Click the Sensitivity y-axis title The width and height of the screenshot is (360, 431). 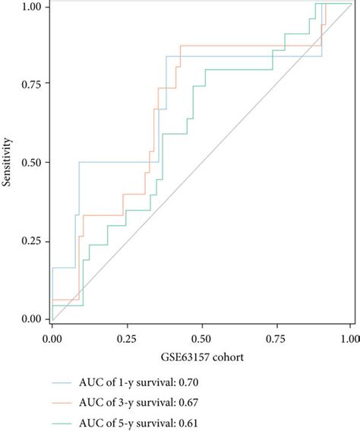pyautogui.click(x=8, y=163)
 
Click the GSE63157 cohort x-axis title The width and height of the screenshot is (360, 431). pyautogui.click(x=201, y=356)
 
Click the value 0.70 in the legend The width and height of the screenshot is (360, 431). pyautogui.click(x=195, y=382)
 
